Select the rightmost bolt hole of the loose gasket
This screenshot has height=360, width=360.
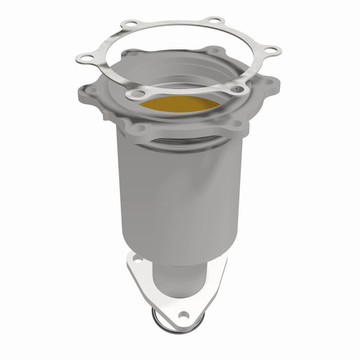tap(273, 50)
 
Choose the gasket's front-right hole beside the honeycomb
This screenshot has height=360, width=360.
tap(238, 89)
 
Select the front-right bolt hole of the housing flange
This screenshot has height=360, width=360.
tap(236, 123)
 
